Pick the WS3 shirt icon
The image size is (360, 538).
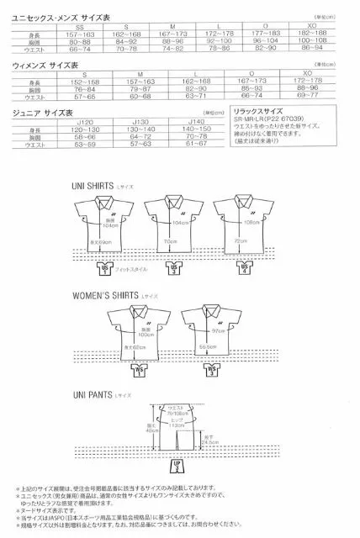coord(212,369)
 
